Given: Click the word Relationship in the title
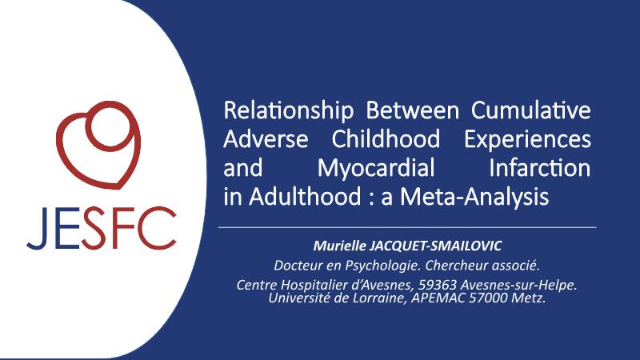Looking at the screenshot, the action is point(288,111).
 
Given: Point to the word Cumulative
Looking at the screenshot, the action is point(530,110).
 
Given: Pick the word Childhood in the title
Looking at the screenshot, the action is point(386,138).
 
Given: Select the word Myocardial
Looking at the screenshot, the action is point(376,169).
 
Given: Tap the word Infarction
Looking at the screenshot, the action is point(539,167).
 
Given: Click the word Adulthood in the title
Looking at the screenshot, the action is point(305,196).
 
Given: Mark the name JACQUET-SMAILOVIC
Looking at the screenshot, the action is point(435,246).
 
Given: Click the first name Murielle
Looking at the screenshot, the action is point(339,246).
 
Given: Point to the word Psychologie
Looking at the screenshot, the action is point(383,266).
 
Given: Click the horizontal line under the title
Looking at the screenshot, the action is point(407,227).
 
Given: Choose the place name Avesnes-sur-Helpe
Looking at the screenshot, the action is point(518,285).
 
